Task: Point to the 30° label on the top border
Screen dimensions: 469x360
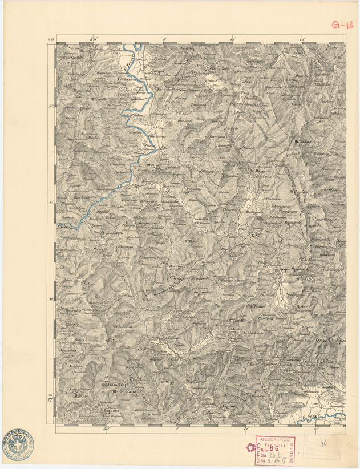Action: coord(95,39)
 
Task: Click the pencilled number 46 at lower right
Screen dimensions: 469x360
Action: coord(322,440)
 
